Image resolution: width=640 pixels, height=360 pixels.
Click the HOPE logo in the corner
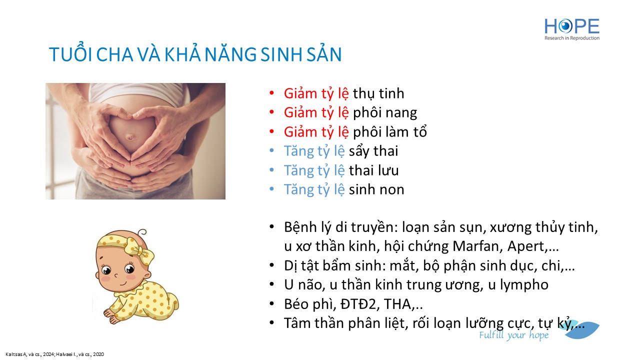coord(572,29)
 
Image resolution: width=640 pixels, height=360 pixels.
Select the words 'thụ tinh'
coord(378,93)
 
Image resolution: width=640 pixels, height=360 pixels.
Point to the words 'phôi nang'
coord(385,113)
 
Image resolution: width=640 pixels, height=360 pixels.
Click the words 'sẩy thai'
coord(373,151)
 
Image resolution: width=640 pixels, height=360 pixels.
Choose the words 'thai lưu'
coord(373,170)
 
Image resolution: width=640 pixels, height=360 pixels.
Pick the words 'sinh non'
coord(376,189)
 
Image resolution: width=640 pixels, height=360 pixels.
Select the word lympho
coord(524,285)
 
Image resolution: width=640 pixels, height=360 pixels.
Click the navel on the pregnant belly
coord(130,137)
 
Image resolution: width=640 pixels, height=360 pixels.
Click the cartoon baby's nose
coord(115,275)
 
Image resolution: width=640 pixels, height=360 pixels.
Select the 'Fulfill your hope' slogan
coord(513,335)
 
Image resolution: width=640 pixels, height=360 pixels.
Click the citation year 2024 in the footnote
coord(48,354)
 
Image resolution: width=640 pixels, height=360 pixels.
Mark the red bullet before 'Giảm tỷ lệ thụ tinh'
coord(271,93)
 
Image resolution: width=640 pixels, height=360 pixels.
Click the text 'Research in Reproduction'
coord(572,38)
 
